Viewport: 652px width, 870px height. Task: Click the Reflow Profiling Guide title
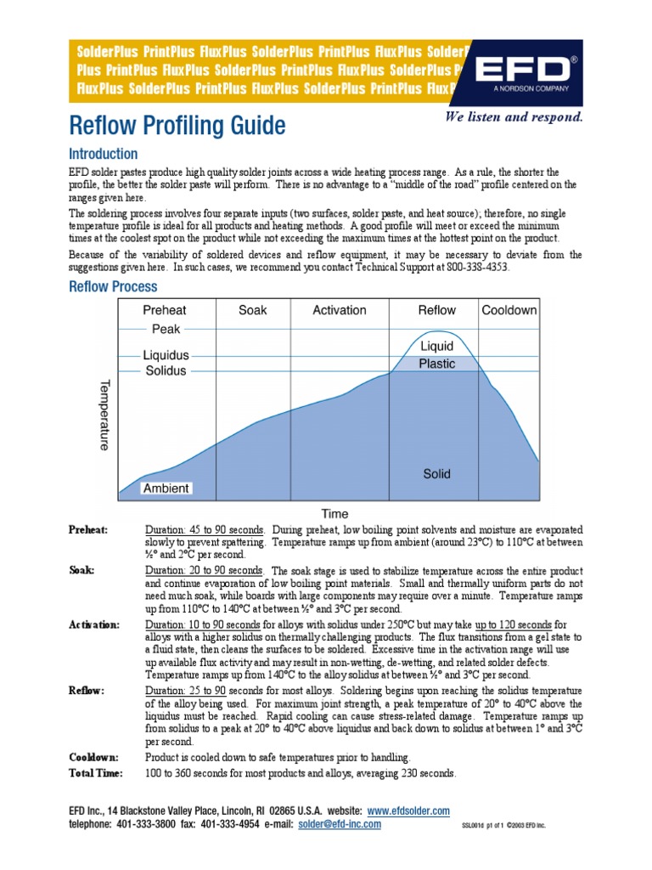pos(177,126)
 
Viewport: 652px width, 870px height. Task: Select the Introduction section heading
pos(103,155)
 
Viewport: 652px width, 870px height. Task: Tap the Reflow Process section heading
pos(113,287)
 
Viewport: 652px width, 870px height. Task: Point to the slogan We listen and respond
pos(514,117)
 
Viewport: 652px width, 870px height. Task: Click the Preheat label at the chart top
pos(165,310)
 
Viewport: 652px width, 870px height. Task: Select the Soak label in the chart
pos(253,310)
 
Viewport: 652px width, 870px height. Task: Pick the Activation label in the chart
pos(340,310)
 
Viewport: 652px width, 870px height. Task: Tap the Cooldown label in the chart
pos(509,310)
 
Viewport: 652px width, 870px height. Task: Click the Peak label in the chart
pos(166,329)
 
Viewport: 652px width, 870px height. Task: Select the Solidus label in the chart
pos(166,371)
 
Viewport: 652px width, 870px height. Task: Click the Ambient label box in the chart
pos(166,489)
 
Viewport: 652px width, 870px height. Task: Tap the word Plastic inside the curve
pos(437,364)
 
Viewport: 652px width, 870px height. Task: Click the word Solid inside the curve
pos(437,473)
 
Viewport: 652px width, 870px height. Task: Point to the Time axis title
pos(334,513)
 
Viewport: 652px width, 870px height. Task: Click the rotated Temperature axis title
pos(105,415)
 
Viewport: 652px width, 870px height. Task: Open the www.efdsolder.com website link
pos(408,811)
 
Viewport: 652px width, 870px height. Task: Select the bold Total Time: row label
pos(95,773)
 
